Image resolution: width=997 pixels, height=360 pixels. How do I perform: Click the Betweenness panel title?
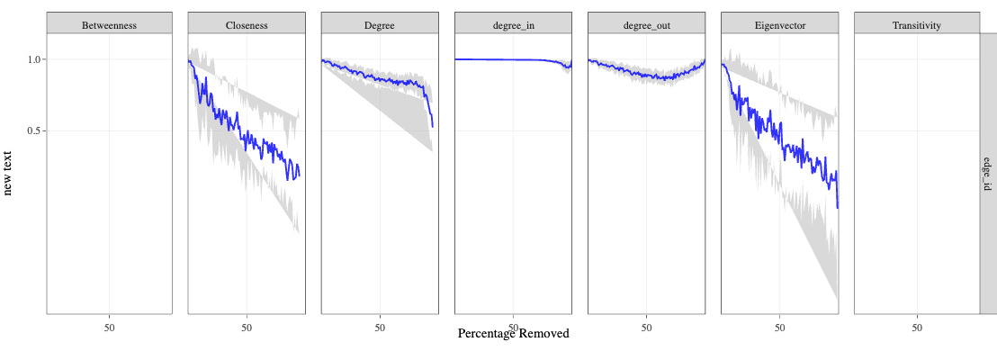109,25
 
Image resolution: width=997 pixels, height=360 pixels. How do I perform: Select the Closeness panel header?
247,25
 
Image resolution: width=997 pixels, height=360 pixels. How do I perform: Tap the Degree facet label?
380,25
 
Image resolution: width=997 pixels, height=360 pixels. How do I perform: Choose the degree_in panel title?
513,25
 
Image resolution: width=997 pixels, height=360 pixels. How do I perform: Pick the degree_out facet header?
646,25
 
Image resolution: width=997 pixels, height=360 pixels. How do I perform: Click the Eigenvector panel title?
779,25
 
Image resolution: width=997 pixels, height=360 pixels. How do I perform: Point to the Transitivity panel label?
916,25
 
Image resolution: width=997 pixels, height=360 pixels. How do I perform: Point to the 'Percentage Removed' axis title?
514,334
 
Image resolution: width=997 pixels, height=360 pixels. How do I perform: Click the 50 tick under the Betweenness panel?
109,327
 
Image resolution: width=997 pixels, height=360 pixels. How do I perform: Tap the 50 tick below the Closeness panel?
247,327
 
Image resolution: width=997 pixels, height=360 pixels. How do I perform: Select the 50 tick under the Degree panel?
380,327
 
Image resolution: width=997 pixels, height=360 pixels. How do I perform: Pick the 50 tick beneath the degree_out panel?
646,327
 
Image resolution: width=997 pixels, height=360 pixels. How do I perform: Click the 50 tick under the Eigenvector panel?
779,327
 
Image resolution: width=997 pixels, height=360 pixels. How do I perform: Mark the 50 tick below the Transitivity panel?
916,327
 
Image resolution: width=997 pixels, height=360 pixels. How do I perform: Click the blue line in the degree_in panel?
504,59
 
